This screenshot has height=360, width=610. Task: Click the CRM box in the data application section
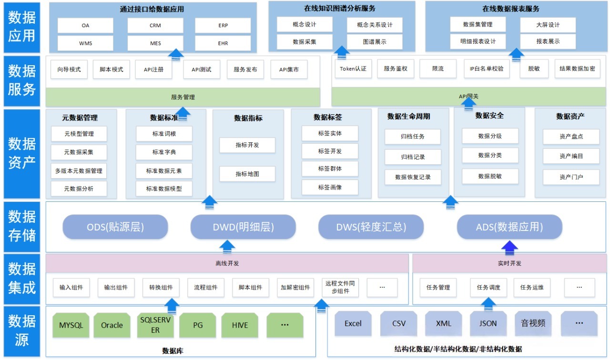click(x=155, y=26)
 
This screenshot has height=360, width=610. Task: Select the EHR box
click(x=223, y=43)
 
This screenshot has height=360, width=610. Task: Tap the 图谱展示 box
click(x=375, y=42)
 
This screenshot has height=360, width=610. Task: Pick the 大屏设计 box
click(x=548, y=25)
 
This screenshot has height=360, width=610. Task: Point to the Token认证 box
click(x=353, y=69)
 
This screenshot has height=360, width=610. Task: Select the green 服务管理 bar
click(x=183, y=97)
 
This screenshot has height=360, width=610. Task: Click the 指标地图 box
click(x=247, y=174)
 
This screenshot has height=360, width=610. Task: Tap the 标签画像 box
click(x=330, y=187)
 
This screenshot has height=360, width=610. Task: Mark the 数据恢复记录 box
click(x=413, y=177)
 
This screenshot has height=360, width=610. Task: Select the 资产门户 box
click(x=571, y=177)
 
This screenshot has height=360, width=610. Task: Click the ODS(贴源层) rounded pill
click(x=115, y=227)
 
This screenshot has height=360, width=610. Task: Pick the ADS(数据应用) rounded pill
click(x=509, y=227)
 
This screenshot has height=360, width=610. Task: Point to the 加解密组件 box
click(x=295, y=288)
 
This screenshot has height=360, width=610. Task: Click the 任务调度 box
click(x=488, y=288)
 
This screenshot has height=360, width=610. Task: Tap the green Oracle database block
click(x=112, y=325)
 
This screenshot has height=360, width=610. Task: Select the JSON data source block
click(x=488, y=323)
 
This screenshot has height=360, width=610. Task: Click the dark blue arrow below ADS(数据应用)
click(x=509, y=246)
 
